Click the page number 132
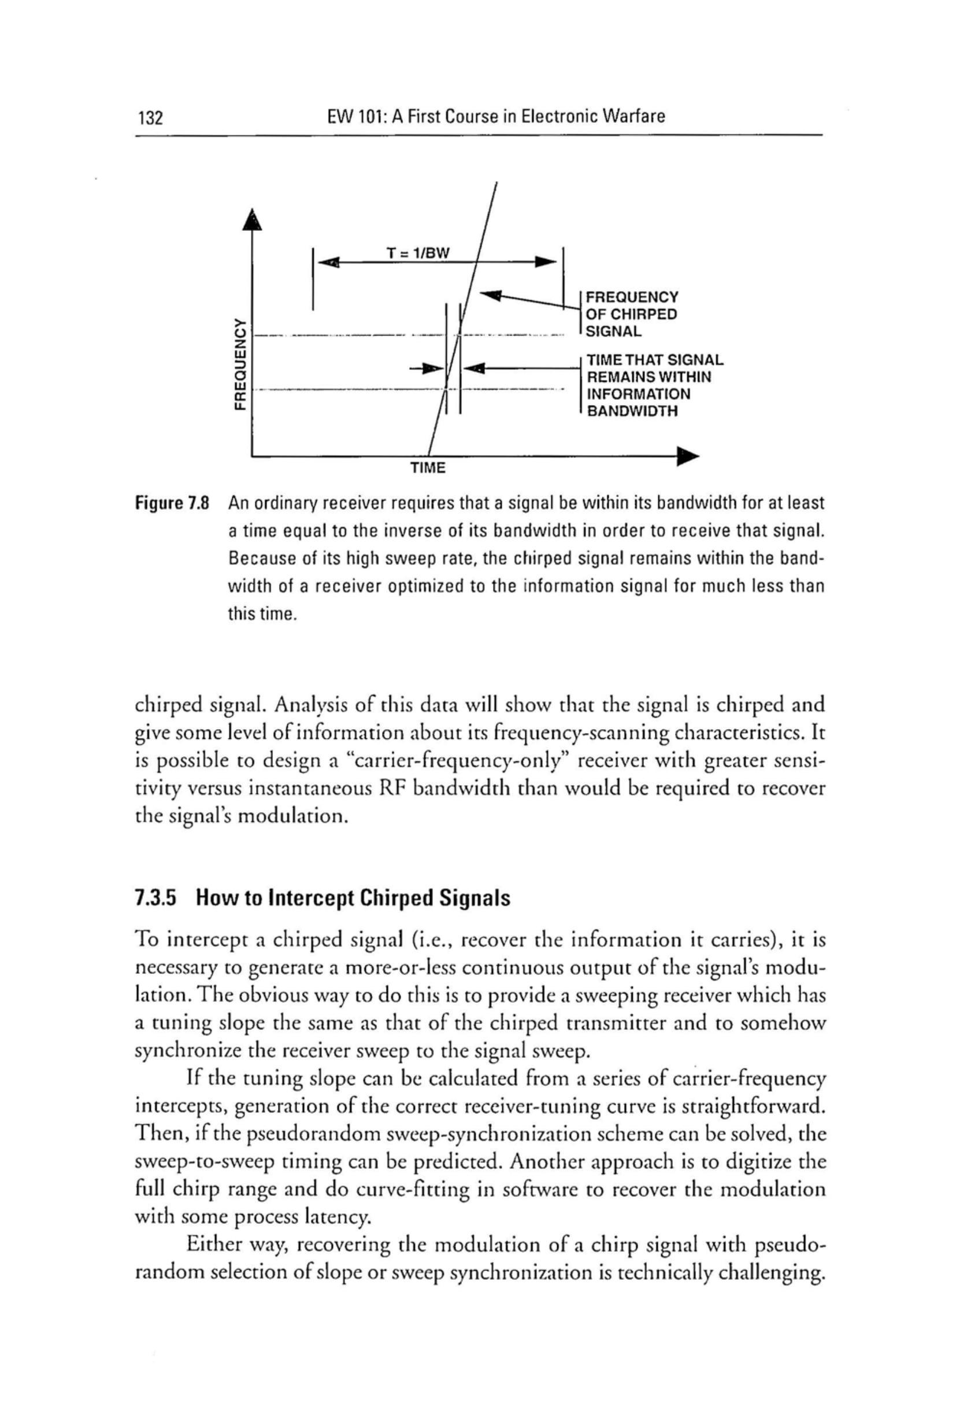(x=150, y=116)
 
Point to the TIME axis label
(x=427, y=468)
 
